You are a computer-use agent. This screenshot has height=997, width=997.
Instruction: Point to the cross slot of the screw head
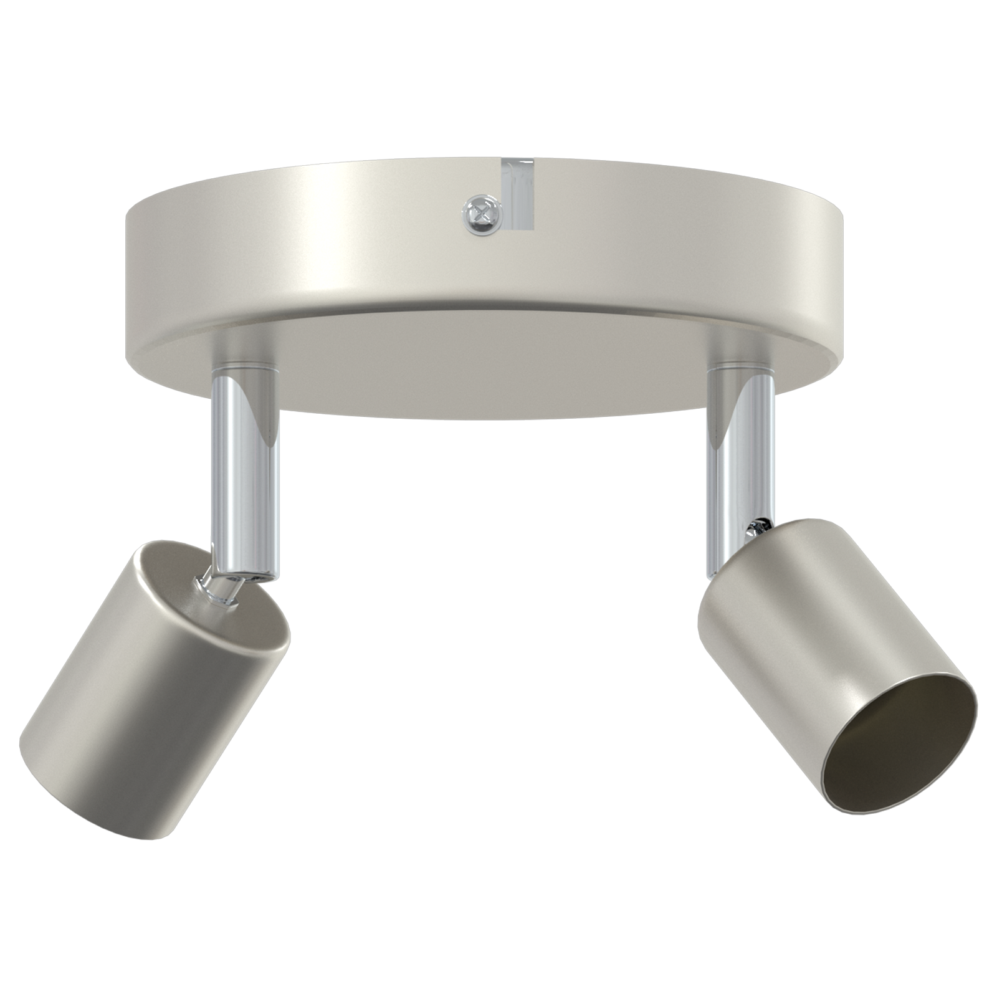click(x=483, y=214)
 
